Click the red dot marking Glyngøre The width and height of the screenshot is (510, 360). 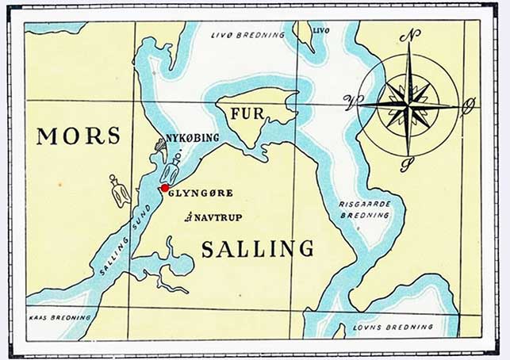[164, 188]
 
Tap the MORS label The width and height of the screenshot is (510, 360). [79, 136]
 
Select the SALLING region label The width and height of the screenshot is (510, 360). [257, 249]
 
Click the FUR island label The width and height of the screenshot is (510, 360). [246, 113]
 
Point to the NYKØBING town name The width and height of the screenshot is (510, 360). [192, 138]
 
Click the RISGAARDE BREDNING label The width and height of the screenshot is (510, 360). [365, 209]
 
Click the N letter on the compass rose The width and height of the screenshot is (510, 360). [409, 36]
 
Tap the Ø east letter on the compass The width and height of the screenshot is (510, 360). [468, 102]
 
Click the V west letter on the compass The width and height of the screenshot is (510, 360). [349, 100]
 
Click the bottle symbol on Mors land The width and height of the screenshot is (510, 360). [120, 191]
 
